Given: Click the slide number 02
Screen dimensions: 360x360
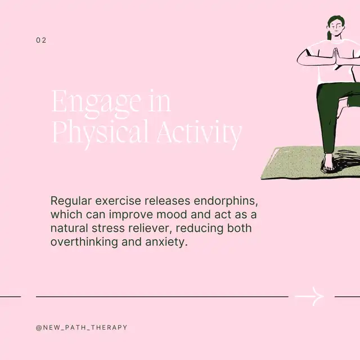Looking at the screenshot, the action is (41, 40).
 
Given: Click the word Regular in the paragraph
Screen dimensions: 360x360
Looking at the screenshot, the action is (71, 201).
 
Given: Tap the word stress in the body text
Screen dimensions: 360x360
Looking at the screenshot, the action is (108, 228).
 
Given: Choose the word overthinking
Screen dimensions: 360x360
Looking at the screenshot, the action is (84, 242).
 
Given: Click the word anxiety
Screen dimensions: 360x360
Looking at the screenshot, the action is (166, 242).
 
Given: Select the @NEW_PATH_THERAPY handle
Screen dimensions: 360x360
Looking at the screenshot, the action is (82, 327).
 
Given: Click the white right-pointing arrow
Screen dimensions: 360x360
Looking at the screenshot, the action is (309, 296).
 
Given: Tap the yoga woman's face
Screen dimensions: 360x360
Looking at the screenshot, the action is (336, 28).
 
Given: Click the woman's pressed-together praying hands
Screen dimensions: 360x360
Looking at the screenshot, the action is (336, 57).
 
